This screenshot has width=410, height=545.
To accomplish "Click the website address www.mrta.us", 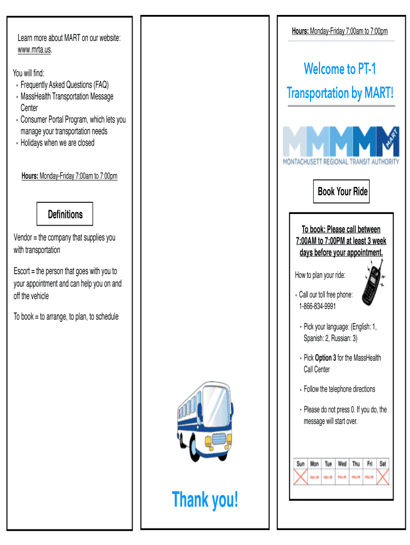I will pos(35,50).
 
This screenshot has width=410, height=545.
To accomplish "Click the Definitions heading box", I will pos(65,214).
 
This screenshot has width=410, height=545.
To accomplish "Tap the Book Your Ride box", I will pos(342,192).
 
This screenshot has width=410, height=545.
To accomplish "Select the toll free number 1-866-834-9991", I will pos(317,306).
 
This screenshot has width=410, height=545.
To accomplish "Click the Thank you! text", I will pos(205,500).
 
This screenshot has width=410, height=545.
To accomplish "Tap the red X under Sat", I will pos(382,477).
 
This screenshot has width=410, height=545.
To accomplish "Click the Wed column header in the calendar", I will pos(342,464).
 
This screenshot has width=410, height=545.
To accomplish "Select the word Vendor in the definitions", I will pos(24,237).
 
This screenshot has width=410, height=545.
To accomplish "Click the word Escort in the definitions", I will pos(23,271).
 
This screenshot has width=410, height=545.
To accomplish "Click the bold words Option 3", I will pos(325,358).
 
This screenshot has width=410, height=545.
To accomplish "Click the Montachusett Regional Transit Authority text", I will pos(340,161).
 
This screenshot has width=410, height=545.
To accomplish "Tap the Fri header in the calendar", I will pos(369,464).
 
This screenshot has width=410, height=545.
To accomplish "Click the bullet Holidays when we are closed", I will pos(57,143).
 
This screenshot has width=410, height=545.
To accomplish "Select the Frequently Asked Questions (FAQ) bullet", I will pos(64,85).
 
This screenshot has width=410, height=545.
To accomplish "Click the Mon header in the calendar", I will pos(315,464).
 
